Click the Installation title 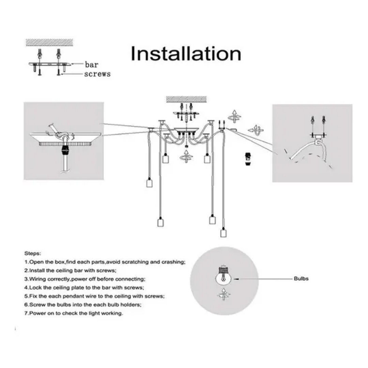click(x=186, y=54)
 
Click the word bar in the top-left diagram click(x=91, y=64)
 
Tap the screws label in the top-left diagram click(x=97, y=74)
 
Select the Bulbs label click(x=301, y=278)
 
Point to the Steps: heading click(x=33, y=254)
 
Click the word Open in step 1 click(x=36, y=262)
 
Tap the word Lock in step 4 click(x=34, y=288)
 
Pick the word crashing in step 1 click(x=173, y=262)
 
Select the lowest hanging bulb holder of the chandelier click(x=223, y=233)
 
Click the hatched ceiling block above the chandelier click(x=186, y=99)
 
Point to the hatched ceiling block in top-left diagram click(x=49, y=42)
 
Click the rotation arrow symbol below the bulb click(x=223, y=293)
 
